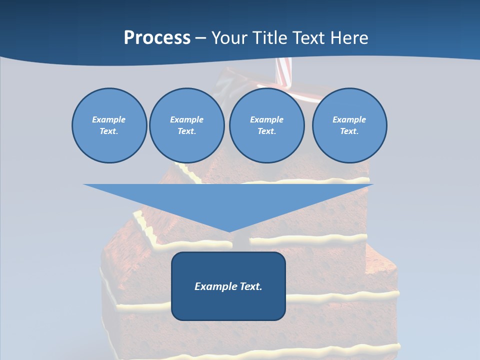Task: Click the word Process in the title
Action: [x=157, y=37]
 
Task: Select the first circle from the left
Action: [x=109, y=125]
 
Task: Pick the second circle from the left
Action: [x=187, y=125]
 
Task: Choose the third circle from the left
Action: [x=266, y=125]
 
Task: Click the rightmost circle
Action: [x=349, y=125]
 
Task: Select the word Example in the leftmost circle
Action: [x=109, y=119]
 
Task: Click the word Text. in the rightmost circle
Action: [x=349, y=131]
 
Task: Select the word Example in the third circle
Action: [x=266, y=119]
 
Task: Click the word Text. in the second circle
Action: [x=187, y=131]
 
